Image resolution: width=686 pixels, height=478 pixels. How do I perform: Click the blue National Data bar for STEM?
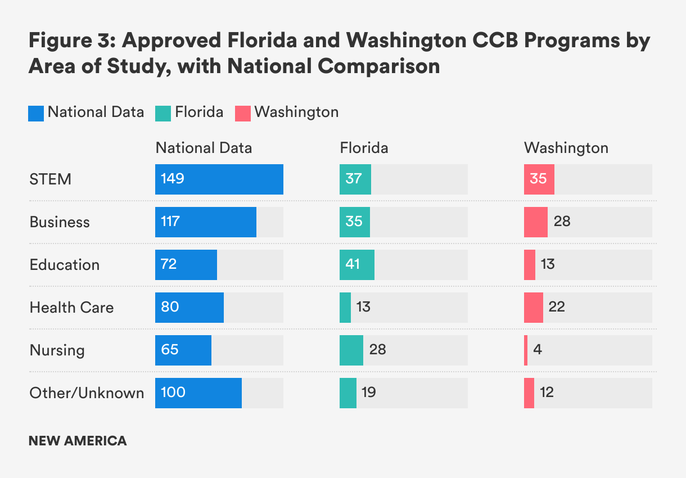click(x=219, y=179)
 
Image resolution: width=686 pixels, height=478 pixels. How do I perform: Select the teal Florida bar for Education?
click(x=357, y=265)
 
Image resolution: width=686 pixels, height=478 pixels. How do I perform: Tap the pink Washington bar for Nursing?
click(x=526, y=350)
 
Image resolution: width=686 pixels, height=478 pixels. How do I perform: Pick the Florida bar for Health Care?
click(x=345, y=308)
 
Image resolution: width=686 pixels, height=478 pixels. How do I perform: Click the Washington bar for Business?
click(x=536, y=222)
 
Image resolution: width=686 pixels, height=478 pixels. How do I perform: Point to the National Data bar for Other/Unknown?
click(x=198, y=393)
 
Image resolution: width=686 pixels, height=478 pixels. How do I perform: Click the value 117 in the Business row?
click(x=170, y=222)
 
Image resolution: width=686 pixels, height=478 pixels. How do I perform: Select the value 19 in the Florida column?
click(x=369, y=393)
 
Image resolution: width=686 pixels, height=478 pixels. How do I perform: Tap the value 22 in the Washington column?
click(x=557, y=307)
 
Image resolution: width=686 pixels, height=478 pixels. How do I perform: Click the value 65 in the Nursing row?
click(x=170, y=350)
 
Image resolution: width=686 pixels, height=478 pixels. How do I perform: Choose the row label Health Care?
click(x=71, y=308)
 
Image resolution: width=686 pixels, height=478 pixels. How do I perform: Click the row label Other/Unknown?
click(x=87, y=393)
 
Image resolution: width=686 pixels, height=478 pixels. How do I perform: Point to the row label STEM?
click(x=51, y=179)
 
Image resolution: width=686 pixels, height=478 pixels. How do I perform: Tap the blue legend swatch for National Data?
click(x=36, y=113)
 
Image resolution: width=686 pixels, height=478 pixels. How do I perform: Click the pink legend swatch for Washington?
click(x=242, y=113)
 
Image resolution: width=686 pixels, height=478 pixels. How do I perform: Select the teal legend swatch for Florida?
click(x=163, y=113)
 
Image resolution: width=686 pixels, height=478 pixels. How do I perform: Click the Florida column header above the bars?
click(x=364, y=148)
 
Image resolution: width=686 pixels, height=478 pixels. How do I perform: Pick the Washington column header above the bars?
click(x=566, y=148)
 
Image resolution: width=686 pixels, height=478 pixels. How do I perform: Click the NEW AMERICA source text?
click(x=78, y=441)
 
